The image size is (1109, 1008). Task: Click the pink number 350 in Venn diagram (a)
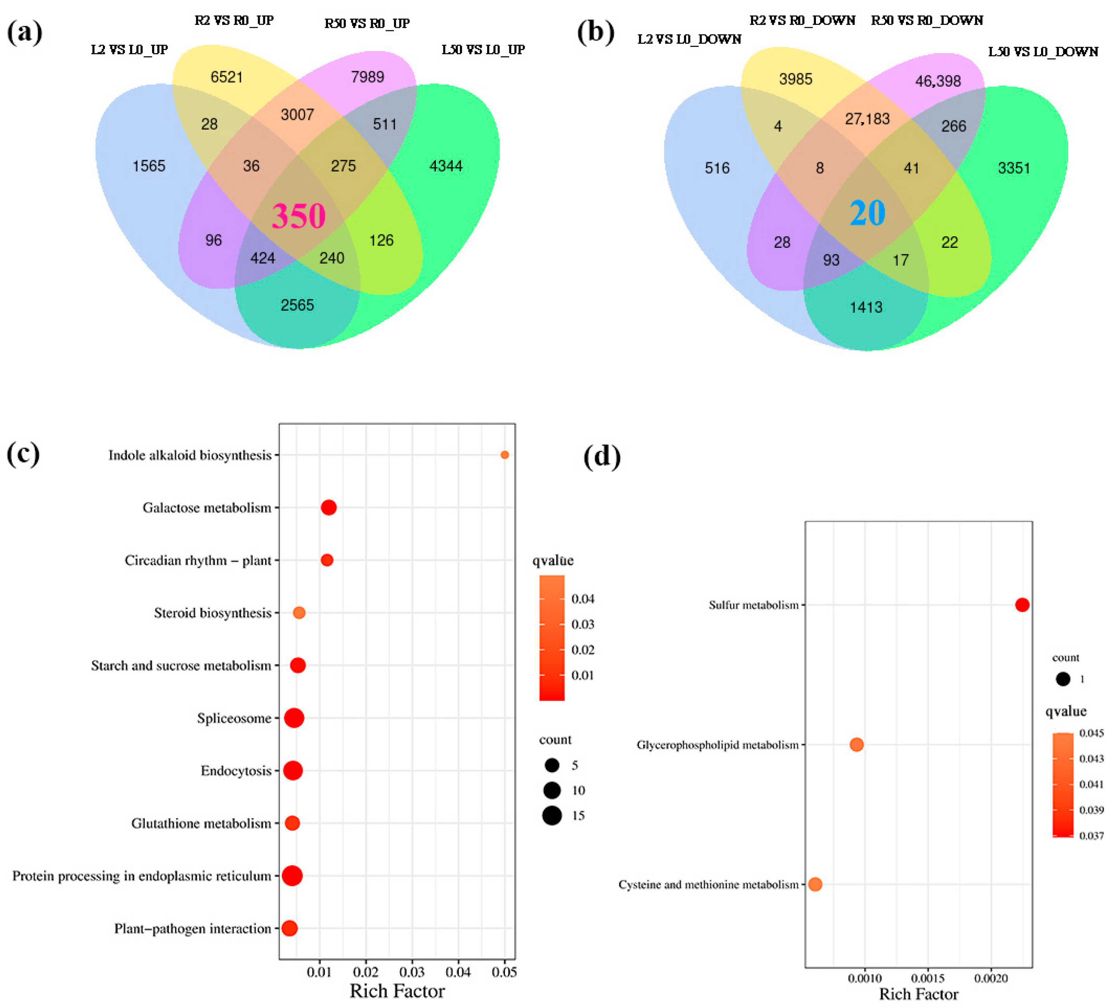(299, 216)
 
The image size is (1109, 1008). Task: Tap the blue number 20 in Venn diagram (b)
(868, 213)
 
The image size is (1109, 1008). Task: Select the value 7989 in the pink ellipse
(368, 76)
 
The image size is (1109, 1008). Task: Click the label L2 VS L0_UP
(129, 50)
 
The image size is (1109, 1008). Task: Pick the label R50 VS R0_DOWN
(927, 20)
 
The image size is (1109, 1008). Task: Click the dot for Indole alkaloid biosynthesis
(505, 455)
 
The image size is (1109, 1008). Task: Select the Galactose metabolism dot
(328, 507)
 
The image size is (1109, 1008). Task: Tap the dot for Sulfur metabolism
(1022, 605)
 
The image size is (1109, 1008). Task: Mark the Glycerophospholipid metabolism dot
(857, 745)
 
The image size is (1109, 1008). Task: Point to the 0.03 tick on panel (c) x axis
(412, 972)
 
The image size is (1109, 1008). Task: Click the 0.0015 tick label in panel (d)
(928, 978)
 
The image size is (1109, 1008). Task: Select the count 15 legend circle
(552, 816)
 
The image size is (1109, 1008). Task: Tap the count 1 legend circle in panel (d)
(1063, 679)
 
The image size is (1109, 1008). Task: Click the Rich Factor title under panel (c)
(397, 991)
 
